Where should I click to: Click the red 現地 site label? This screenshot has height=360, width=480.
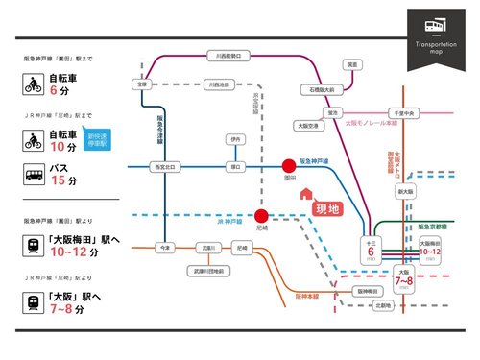coord(326,207)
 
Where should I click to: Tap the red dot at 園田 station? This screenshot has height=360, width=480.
coord(288,165)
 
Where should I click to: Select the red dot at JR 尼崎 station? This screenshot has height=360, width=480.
coord(261,216)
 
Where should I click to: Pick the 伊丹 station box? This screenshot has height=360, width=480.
coord(233,140)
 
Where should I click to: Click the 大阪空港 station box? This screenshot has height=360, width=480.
coord(307,125)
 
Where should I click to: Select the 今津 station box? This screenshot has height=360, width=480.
coord(165,248)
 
